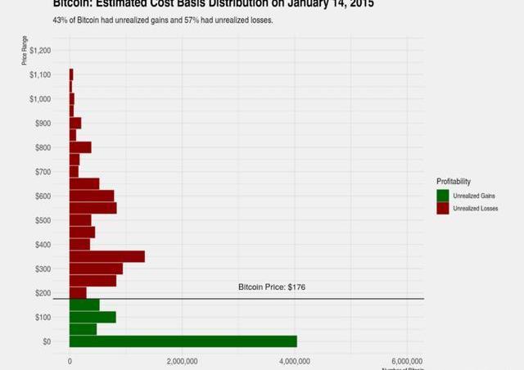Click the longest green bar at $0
pos(183,341)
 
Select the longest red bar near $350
pos(106,256)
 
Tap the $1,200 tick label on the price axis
pos(40,51)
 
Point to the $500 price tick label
pos(42,220)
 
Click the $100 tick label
pos(42,317)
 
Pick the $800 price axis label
pos(42,147)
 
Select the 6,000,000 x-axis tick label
pos(407,360)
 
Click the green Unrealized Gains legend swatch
pos(443,196)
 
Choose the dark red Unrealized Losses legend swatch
pos(443,209)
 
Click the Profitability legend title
pos(454,181)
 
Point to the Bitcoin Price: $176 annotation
pos(271,287)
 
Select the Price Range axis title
pos(25,51)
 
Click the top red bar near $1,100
pos(71,74)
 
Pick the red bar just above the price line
pos(78,292)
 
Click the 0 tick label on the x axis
pos(70,360)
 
